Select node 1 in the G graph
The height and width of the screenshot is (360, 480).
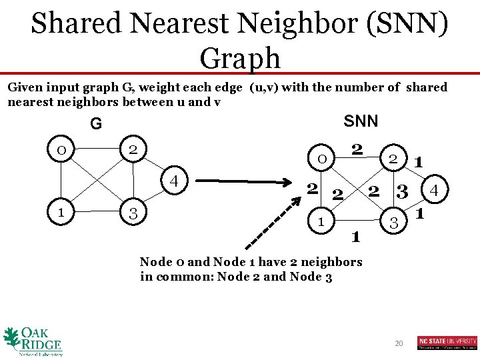61,213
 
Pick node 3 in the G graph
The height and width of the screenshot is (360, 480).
133,213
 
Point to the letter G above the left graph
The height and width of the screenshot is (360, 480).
97,124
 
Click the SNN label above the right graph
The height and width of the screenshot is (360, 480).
361,121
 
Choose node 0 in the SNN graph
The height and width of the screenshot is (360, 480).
321,158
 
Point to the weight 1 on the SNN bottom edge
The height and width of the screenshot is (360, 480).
355,236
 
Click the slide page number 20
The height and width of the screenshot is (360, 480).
399,343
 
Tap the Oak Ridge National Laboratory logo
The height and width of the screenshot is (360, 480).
33,341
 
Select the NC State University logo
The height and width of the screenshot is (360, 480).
447,343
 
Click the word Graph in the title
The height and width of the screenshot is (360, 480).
240,58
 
